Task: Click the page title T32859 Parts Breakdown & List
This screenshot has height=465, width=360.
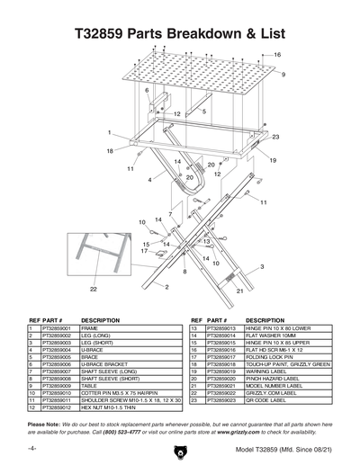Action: (180, 31)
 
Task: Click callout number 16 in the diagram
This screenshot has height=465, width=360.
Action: (277, 56)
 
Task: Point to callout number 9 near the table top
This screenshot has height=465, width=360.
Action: (283, 75)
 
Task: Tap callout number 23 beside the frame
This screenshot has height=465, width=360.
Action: (275, 137)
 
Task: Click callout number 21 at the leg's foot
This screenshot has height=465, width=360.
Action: (240, 291)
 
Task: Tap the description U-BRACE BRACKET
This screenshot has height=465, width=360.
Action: (109, 365)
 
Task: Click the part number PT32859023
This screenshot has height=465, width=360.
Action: (220, 400)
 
